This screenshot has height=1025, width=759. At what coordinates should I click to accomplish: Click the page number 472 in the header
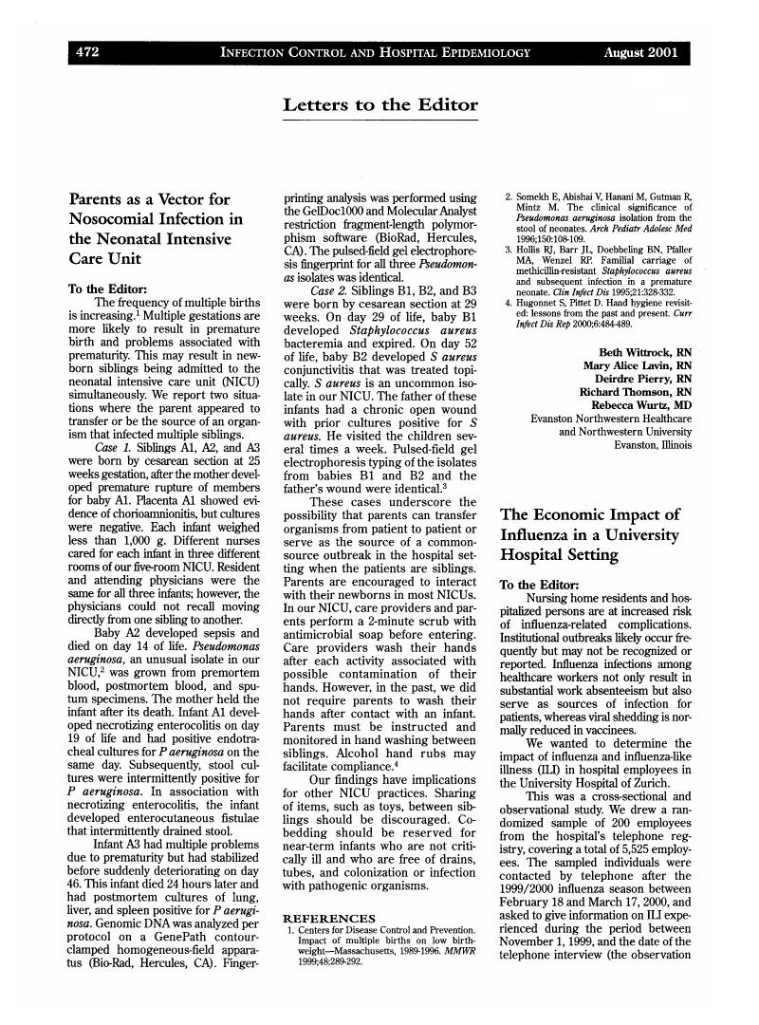[88, 53]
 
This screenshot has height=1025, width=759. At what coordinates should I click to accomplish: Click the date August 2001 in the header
[641, 53]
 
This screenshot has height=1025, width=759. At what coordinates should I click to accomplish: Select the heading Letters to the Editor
[379, 104]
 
